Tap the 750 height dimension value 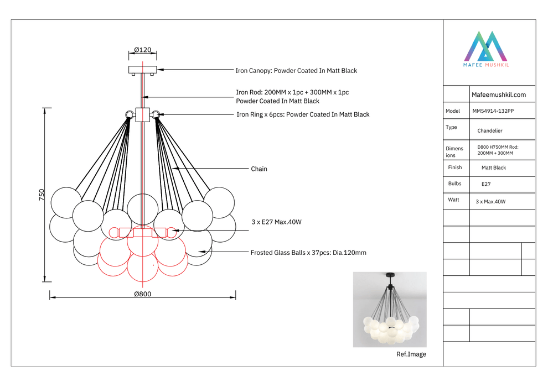coord(42,195)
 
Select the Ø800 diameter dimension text coord(142,294)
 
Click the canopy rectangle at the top coord(143,70)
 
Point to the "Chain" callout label coord(259,169)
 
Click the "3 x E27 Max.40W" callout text coord(276,222)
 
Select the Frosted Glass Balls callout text coord(308,253)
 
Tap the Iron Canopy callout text coord(296,71)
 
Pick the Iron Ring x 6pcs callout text coord(303,114)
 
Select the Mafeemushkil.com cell coord(498,95)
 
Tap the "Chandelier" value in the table coord(490,131)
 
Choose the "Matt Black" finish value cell coord(494,168)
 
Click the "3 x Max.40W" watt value coord(490,202)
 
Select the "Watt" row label coord(453,200)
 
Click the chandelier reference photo coord(390,309)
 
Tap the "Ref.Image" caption coord(411,354)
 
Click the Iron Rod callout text coord(292,96)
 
